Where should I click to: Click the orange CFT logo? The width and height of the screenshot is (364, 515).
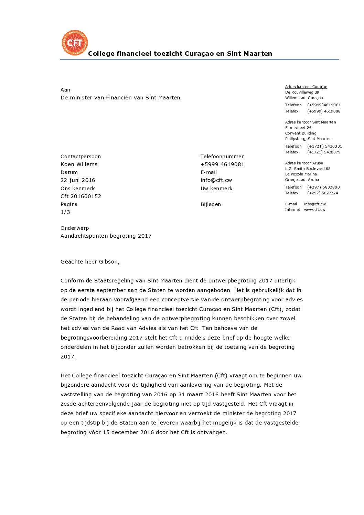point(75,43)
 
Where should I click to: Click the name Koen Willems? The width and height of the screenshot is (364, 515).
point(79,164)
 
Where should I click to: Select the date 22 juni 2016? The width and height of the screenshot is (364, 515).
point(78,180)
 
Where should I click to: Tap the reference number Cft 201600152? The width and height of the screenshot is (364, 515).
point(81,196)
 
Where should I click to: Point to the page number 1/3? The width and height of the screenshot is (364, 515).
point(65,212)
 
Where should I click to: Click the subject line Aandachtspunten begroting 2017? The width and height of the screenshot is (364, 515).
point(106,236)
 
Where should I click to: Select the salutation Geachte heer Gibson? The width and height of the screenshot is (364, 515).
point(90,262)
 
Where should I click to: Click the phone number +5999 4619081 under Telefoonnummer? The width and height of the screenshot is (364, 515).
point(222,164)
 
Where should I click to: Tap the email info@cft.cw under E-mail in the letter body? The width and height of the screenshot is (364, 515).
point(216,180)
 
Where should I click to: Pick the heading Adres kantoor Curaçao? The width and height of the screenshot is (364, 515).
point(306,87)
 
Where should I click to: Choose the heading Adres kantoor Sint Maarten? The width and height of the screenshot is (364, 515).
point(310,122)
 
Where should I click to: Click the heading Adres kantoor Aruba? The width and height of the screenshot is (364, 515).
point(304,163)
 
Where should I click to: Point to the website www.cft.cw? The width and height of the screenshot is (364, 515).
point(314,210)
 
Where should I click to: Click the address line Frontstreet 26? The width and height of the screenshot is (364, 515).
point(298,128)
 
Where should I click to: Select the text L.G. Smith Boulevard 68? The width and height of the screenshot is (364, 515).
point(308,169)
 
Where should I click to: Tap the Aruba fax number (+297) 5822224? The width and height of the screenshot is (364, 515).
point(322,193)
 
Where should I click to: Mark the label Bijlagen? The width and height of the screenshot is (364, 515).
point(211,204)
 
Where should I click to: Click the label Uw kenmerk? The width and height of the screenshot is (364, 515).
point(216,189)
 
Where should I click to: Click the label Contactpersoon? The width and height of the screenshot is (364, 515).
point(81,157)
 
